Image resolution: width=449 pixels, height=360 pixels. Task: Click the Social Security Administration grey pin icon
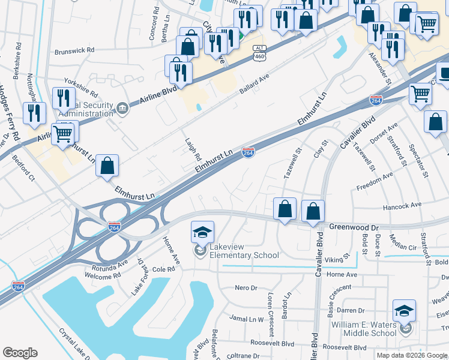[x=122, y=107]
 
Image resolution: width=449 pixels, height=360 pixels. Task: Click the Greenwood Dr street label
[x=354, y=228]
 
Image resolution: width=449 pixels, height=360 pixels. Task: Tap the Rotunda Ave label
[x=110, y=265]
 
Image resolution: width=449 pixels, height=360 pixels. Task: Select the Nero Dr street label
[x=246, y=288]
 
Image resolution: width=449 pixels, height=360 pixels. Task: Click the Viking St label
[x=338, y=258]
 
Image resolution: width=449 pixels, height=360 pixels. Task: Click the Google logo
[x=20, y=353]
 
